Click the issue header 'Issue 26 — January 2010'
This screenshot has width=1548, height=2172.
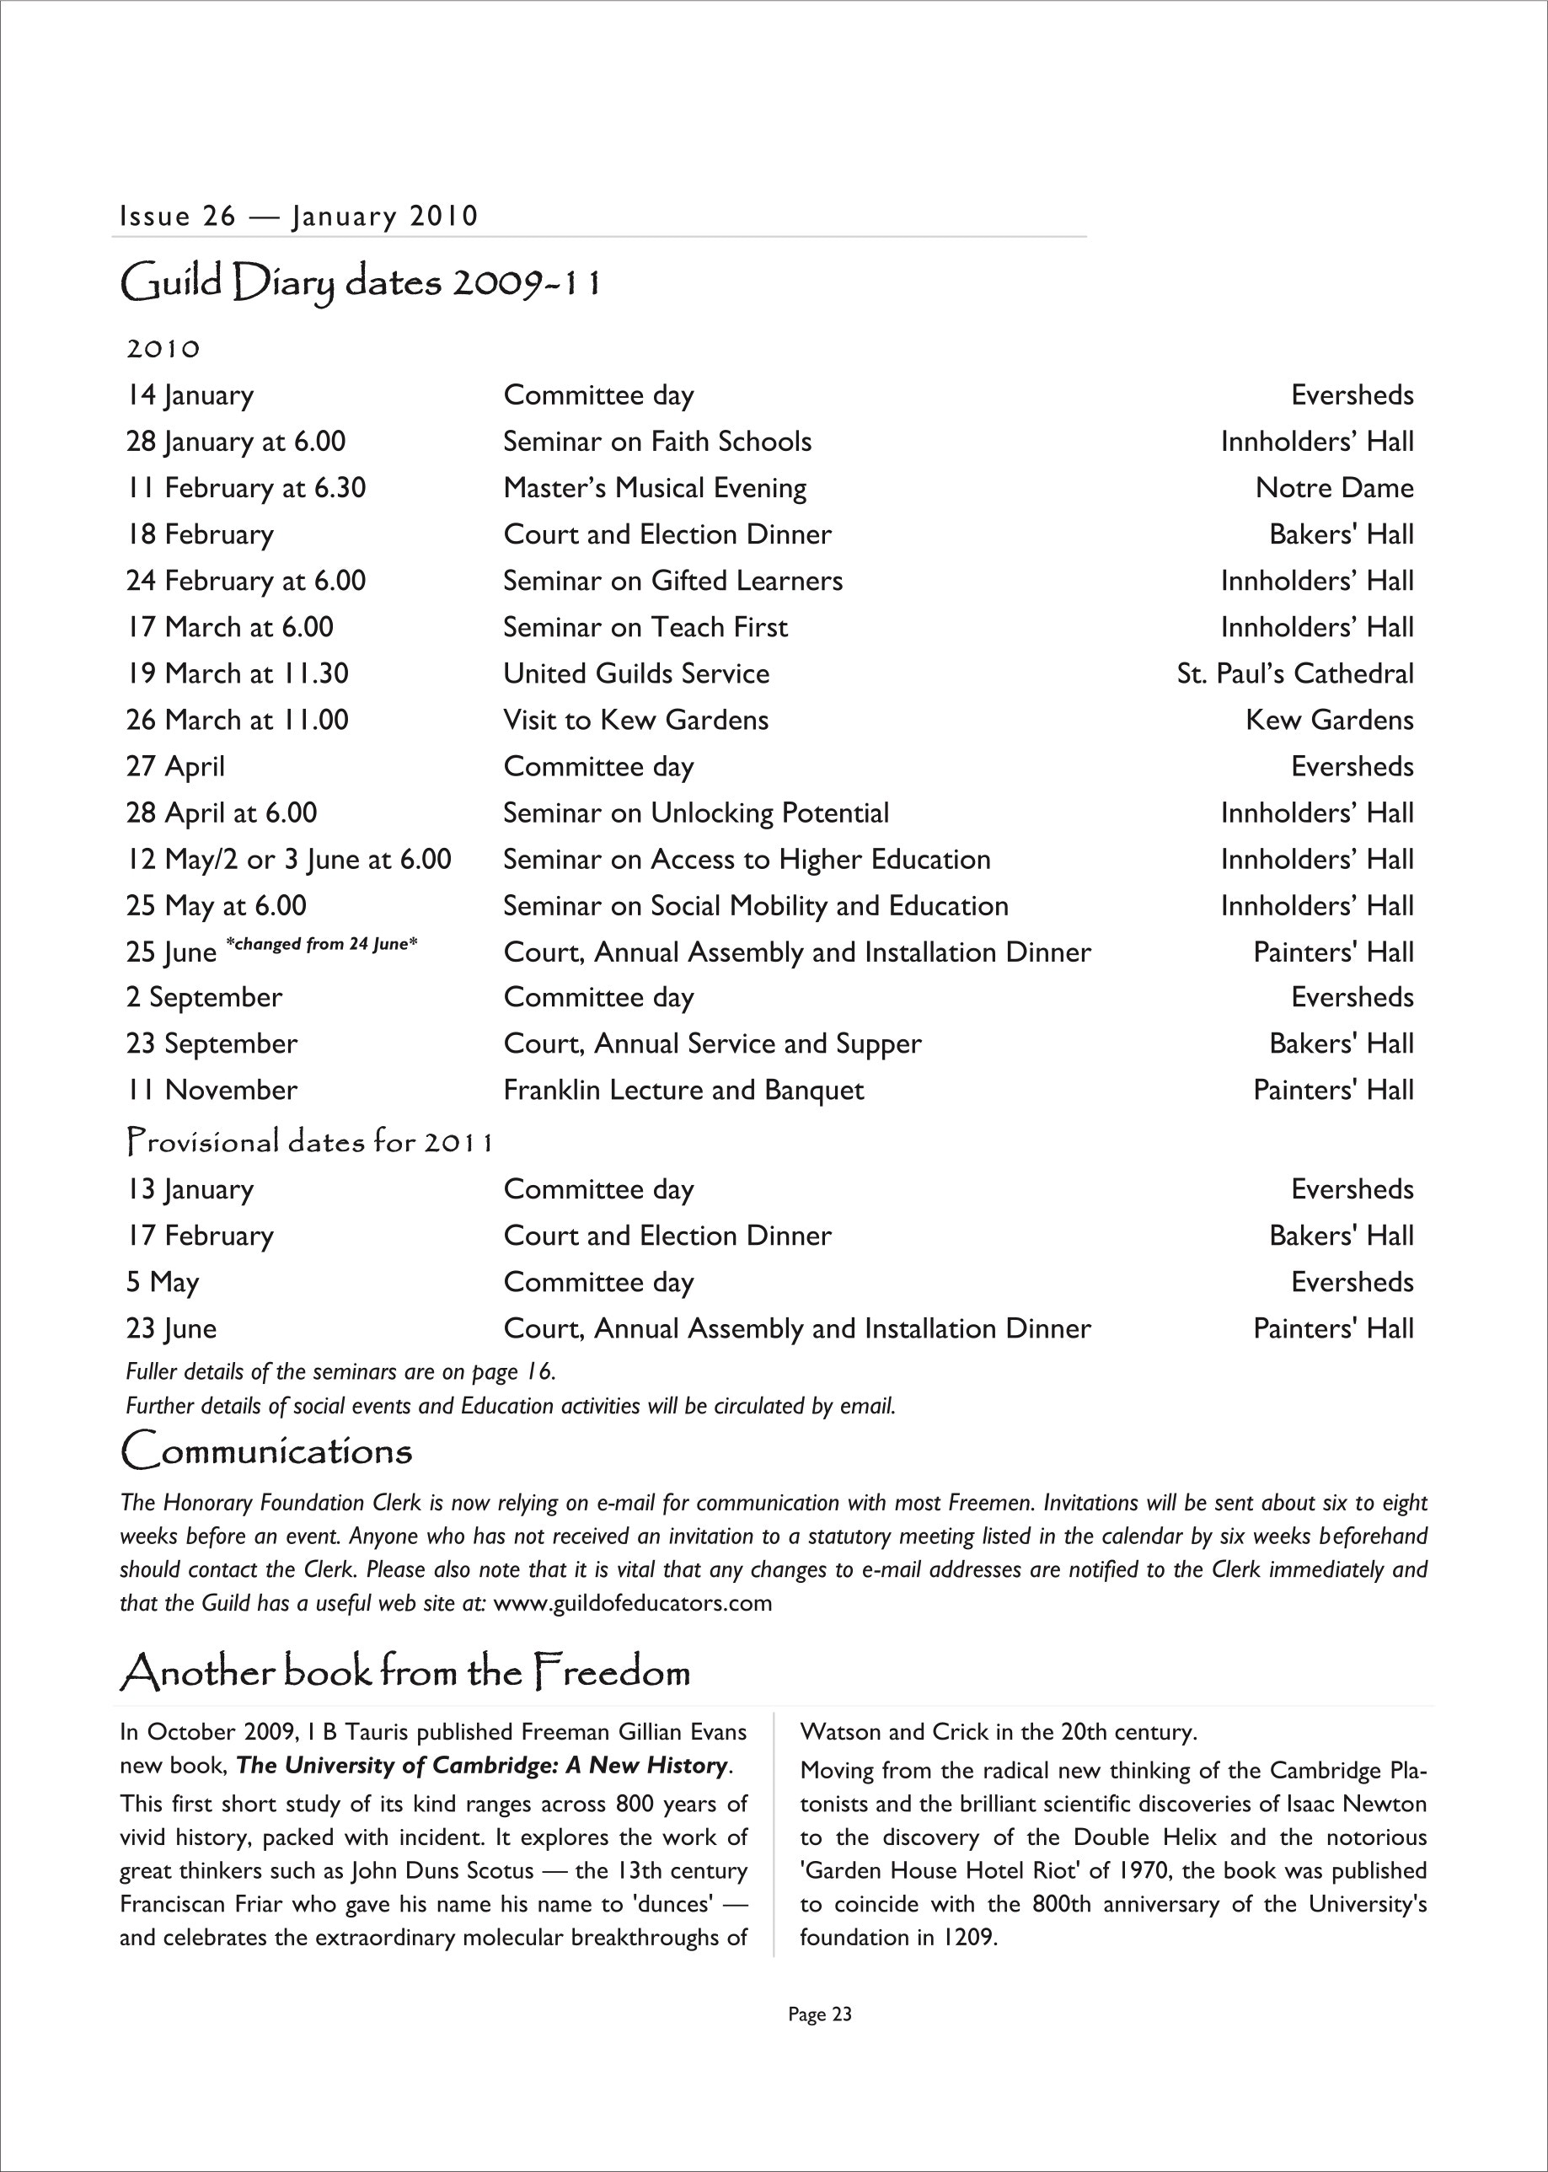[x=298, y=217]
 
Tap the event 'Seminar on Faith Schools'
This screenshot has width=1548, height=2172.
[x=656, y=442]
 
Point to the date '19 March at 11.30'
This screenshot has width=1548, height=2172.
[x=238, y=674]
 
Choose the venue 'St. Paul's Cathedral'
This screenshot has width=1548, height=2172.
[x=1294, y=674]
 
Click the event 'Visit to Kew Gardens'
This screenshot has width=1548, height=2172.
[x=635, y=720]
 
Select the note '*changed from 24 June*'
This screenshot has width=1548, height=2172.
[x=322, y=945]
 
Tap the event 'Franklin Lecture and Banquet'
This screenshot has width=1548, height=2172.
[x=683, y=1090]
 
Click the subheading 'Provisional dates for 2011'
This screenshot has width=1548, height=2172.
[x=310, y=1141]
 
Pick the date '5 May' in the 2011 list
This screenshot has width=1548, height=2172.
[x=162, y=1283]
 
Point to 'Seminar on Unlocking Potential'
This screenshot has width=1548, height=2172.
[x=696, y=813]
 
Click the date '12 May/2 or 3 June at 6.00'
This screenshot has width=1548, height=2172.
[x=289, y=860]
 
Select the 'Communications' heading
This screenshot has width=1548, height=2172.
[x=267, y=1451]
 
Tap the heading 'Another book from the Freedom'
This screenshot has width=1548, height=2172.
[x=405, y=1672]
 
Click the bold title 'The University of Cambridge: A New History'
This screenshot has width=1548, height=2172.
[x=482, y=1765]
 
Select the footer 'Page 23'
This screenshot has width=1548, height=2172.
[x=820, y=2014]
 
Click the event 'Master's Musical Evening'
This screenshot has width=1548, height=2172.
[x=655, y=488]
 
